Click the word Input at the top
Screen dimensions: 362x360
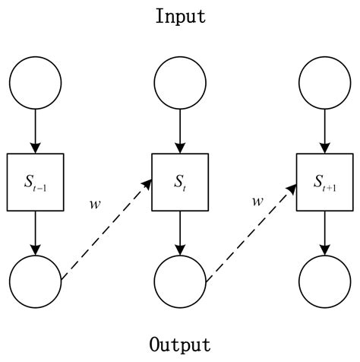[180, 17]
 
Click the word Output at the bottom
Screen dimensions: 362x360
[180, 345]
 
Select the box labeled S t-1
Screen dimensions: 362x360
[35, 182]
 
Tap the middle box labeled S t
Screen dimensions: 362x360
[180, 182]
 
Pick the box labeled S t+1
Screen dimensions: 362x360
[325, 182]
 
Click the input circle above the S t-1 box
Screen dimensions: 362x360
[35, 81]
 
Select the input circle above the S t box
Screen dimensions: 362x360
[180, 81]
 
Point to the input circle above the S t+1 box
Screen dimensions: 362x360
[325, 81]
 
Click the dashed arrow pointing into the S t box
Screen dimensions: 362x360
[106, 231]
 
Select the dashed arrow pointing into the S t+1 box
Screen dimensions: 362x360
[251, 231]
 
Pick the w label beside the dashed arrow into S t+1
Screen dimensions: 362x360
[257, 202]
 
